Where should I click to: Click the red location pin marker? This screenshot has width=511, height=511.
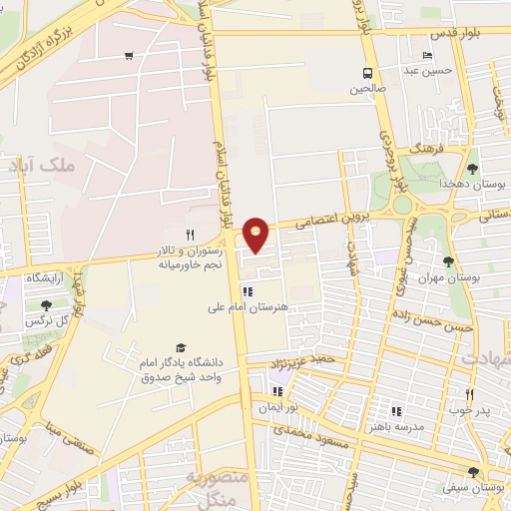click(x=256, y=234)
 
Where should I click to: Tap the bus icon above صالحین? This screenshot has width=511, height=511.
click(x=368, y=73)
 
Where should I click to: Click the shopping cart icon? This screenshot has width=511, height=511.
click(x=129, y=56)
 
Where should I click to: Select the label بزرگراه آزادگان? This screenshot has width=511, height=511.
click(x=50, y=45)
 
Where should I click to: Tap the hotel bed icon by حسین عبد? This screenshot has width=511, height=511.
click(x=428, y=56)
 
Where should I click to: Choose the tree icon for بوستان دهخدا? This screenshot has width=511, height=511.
click(x=473, y=169)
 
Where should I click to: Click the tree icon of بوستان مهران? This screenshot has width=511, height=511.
click(x=448, y=261)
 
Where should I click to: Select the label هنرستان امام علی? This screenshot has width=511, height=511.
click(x=286, y=308)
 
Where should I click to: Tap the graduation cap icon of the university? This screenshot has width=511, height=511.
click(x=180, y=347)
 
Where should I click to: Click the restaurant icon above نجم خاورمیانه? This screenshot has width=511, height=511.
click(x=191, y=234)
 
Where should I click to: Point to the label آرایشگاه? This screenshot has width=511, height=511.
click(x=48, y=276)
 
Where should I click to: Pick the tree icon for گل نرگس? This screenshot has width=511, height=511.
click(x=46, y=305)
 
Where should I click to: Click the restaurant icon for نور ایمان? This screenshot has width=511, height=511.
click(x=280, y=391)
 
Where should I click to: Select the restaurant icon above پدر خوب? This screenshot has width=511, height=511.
click(x=468, y=394)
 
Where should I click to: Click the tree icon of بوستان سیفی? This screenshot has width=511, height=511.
click(x=473, y=473)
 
